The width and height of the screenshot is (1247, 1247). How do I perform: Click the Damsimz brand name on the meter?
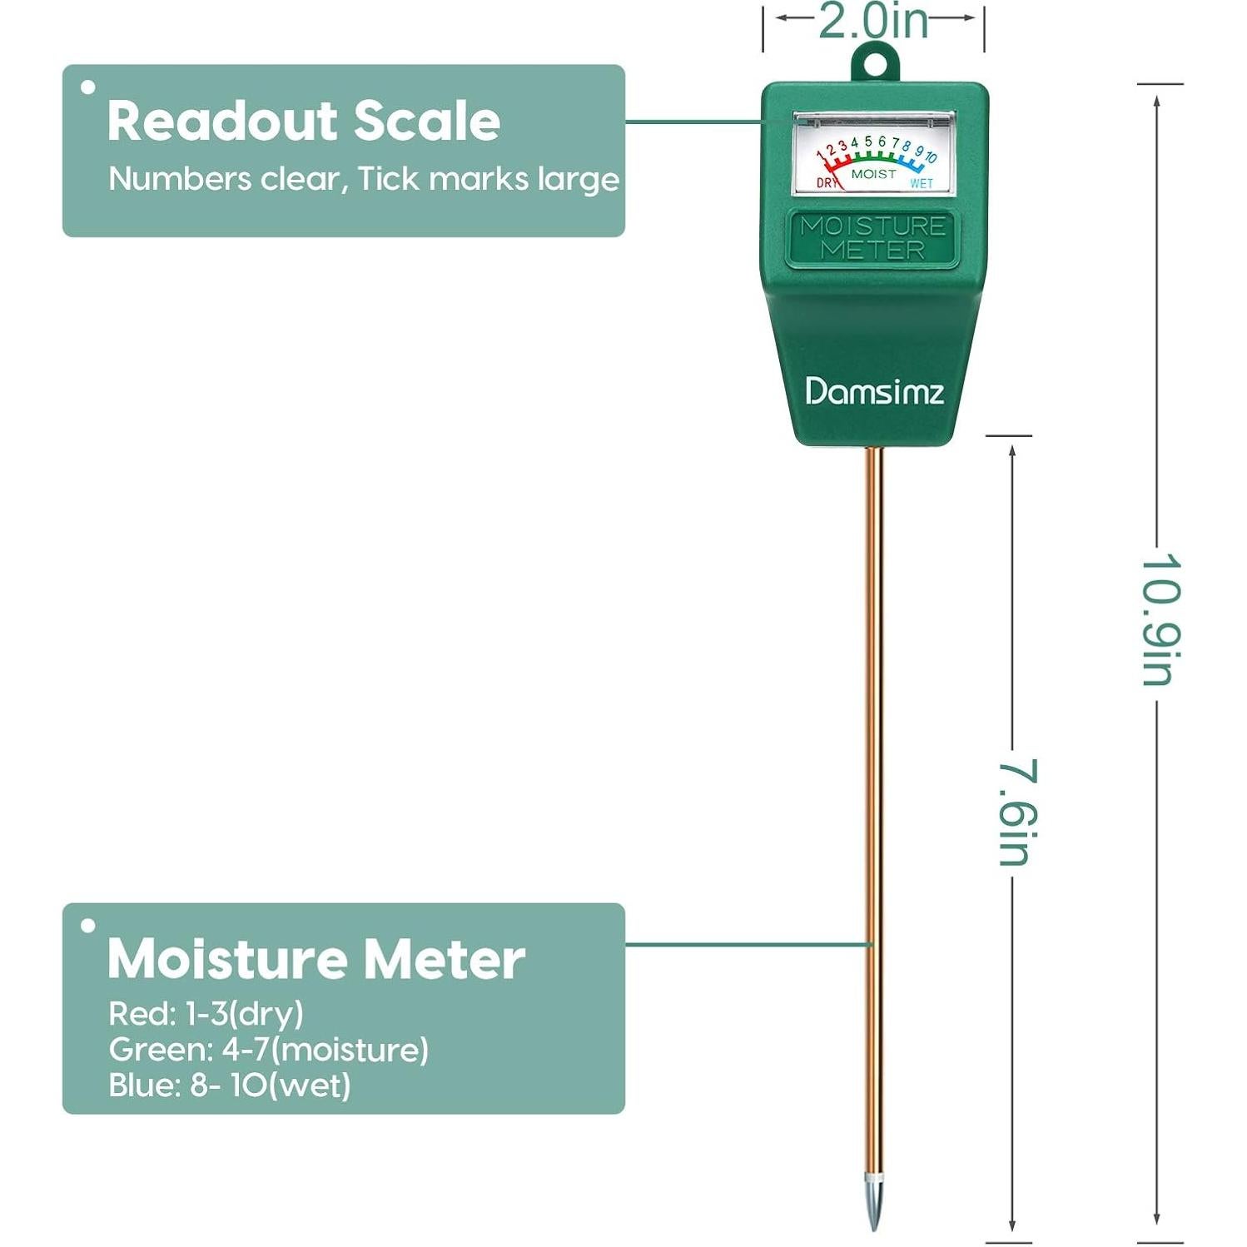tap(874, 391)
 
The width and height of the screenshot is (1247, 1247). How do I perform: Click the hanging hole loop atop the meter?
tap(874, 63)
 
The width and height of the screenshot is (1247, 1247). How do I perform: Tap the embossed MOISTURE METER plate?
tap(872, 238)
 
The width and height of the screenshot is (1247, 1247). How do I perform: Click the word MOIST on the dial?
tap(873, 174)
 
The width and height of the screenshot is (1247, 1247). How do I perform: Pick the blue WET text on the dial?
tap(921, 183)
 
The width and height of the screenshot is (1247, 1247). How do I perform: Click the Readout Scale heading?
tap(304, 121)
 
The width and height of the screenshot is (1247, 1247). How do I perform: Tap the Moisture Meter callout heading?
tap(315, 959)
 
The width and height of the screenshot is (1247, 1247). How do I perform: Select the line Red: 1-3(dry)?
tap(206, 1014)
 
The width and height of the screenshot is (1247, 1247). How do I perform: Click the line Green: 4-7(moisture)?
tap(268, 1050)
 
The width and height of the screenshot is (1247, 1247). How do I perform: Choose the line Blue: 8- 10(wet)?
tap(229, 1086)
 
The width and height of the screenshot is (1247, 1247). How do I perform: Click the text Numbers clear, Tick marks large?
tap(364, 179)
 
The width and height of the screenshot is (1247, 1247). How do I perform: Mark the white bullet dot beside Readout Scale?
tap(88, 87)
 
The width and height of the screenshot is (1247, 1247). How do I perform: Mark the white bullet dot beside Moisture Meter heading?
tap(88, 925)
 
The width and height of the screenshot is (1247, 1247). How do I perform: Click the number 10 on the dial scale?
tap(931, 156)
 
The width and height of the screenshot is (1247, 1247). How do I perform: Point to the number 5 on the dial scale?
tap(867, 142)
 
